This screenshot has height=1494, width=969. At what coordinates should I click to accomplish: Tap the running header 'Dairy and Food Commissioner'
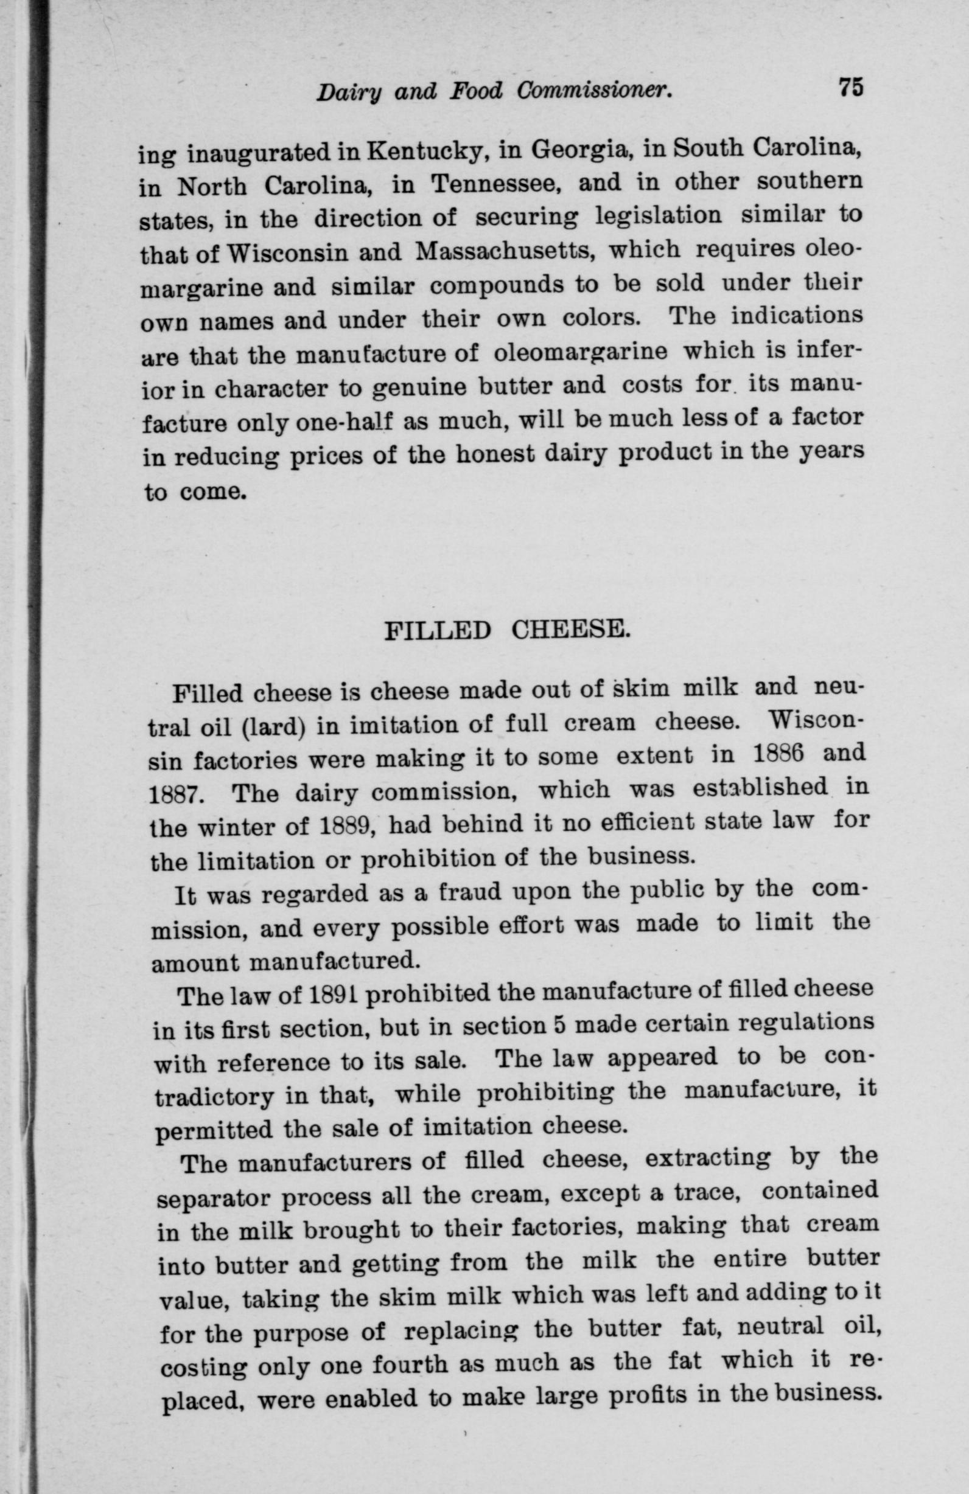tap(494, 92)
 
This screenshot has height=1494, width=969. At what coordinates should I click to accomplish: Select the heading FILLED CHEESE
tap(506, 630)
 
